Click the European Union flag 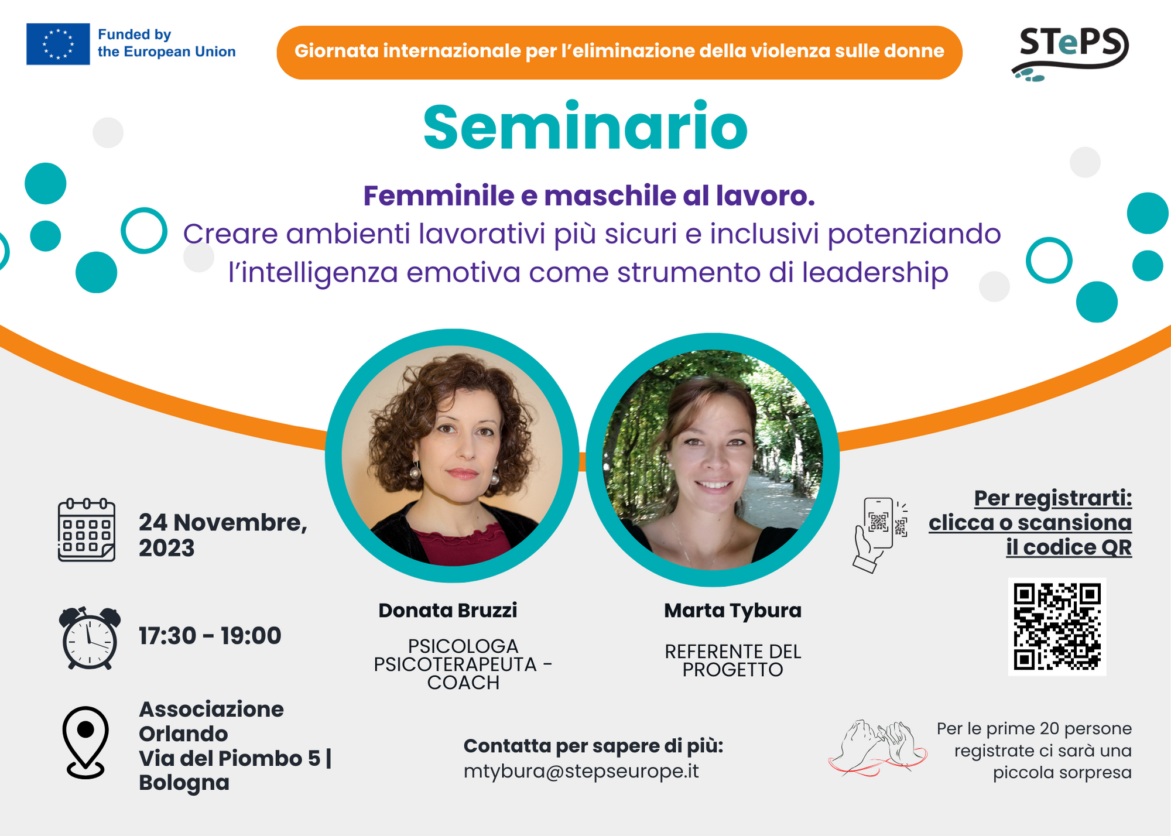(58, 44)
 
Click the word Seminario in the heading (585, 127)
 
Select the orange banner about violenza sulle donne (619, 52)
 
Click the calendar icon (87, 530)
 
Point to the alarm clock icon (90, 638)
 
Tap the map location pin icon (85, 742)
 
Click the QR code (1057, 626)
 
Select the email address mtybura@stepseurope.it (581, 772)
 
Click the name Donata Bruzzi (448, 611)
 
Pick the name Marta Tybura (732, 611)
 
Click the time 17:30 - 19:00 (210, 636)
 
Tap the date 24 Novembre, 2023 (223, 535)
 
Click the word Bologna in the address (184, 783)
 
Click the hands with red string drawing (878, 748)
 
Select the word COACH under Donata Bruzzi (463, 683)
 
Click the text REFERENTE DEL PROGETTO (732, 660)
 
